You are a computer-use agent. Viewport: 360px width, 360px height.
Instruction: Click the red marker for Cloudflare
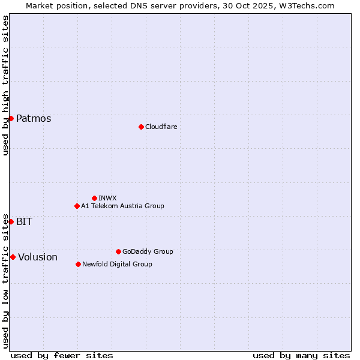click(x=141, y=127)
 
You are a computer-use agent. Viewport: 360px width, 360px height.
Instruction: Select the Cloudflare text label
click(x=161, y=127)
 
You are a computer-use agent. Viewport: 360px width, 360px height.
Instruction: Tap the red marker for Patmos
click(x=11, y=118)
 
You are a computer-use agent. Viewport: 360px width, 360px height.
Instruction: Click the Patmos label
click(x=34, y=118)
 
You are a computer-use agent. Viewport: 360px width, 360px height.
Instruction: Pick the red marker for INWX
click(x=94, y=198)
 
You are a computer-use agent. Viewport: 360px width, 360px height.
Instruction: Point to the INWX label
click(x=107, y=198)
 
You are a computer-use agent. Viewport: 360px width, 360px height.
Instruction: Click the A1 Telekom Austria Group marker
click(x=77, y=206)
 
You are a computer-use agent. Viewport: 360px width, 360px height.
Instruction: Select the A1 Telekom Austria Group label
click(x=122, y=206)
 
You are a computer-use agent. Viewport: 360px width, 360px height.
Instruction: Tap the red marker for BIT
click(x=11, y=221)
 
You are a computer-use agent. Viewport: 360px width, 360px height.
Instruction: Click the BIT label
click(x=24, y=221)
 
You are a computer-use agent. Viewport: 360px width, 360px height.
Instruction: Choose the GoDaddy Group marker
click(x=118, y=251)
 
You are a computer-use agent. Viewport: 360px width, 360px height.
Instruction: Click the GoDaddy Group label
click(x=148, y=251)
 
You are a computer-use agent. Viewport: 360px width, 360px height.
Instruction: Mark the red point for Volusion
click(x=13, y=257)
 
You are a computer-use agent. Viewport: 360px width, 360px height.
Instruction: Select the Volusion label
click(x=38, y=257)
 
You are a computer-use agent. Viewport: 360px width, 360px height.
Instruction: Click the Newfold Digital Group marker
click(x=78, y=264)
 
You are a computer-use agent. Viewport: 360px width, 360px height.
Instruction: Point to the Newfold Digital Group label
click(x=117, y=264)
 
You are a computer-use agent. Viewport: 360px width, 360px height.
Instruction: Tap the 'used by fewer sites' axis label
click(x=62, y=355)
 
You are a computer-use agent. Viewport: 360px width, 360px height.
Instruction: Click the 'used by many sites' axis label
click(x=301, y=355)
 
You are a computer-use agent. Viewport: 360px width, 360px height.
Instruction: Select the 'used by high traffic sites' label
click(x=5, y=85)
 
